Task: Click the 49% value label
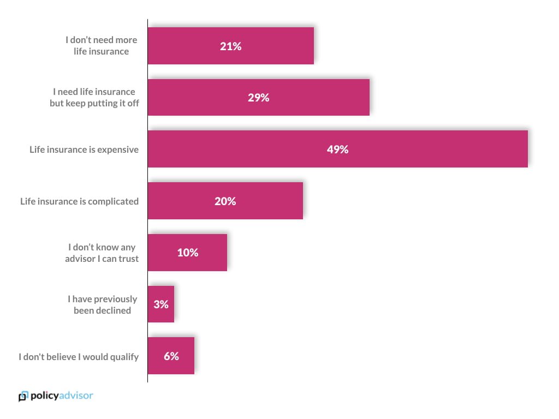(x=337, y=149)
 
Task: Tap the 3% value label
(x=160, y=304)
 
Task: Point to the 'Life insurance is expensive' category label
(x=84, y=149)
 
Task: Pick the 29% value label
(x=258, y=98)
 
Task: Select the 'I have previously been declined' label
(x=102, y=304)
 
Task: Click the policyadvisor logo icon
(x=23, y=396)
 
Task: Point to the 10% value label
(x=187, y=253)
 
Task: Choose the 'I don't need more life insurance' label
(x=101, y=46)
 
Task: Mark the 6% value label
(x=171, y=356)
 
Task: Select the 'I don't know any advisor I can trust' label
(x=102, y=253)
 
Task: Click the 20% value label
(x=225, y=201)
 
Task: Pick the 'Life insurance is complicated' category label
(x=80, y=201)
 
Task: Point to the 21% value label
(x=230, y=46)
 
